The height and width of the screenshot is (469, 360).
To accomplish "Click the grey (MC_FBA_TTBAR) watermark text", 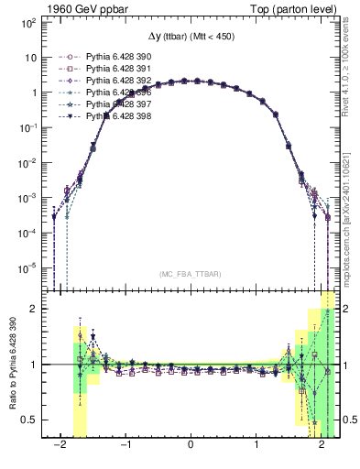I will point(190,273).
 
